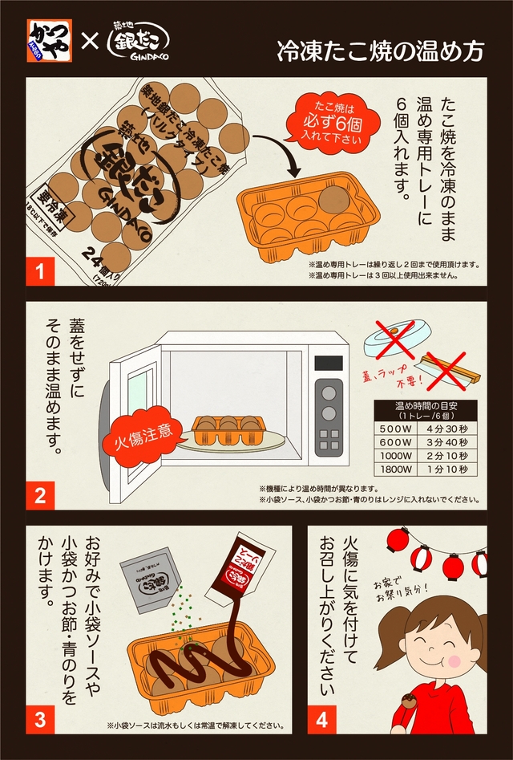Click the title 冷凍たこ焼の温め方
point(380,51)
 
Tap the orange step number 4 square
point(321,719)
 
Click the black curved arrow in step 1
point(277,152)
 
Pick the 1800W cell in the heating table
point(394,469)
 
